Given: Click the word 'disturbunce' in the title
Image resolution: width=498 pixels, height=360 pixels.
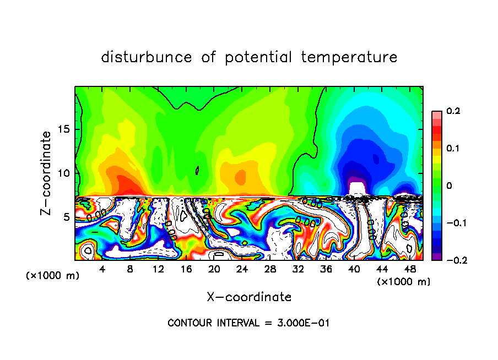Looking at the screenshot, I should pos(147,57).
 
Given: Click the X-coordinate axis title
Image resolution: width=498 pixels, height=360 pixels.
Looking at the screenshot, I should pos(249,297).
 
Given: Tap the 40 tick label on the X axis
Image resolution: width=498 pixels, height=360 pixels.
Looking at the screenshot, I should pos(354,269).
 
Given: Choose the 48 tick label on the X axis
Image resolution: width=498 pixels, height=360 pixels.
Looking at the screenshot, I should pos(409,269).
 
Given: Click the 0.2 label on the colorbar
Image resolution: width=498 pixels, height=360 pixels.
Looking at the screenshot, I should pos(453,111).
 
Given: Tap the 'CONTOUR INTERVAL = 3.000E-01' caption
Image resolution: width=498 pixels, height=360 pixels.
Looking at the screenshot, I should pos(248,323).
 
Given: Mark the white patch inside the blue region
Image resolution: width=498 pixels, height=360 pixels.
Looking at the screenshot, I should pos(358,188).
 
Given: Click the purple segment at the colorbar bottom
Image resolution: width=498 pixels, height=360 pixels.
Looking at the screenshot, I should pos(436,256).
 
